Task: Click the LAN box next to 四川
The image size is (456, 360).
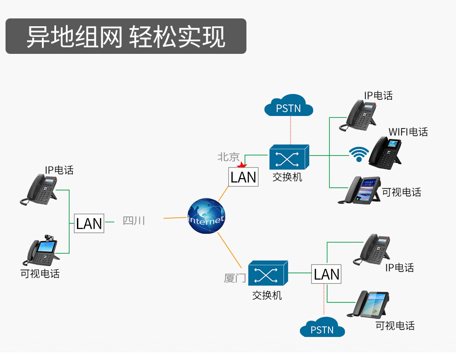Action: coord(89,223)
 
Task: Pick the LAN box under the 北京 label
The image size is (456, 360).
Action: coord(243,177)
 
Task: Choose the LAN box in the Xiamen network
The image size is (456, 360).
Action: coord(327,274)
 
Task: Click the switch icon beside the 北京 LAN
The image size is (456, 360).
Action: coord(289,157)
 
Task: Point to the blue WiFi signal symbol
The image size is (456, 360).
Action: coord(358,155)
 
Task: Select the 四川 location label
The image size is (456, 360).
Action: coord(134,221)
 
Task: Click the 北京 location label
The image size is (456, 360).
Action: coord(229,157)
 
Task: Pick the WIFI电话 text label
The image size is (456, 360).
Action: coord(408,132)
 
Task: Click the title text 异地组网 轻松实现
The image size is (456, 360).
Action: coord(126,36)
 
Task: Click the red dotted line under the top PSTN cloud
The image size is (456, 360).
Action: coord(291,130)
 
